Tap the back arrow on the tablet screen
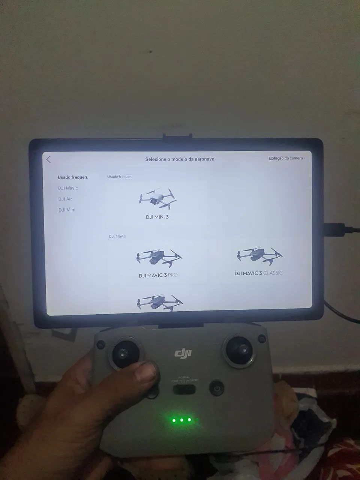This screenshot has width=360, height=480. tap(49, 159)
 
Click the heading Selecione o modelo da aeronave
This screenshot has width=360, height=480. tap(180, 159)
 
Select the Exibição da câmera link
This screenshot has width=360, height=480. tap(286, 158)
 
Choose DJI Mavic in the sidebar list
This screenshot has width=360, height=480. tap(68, 188)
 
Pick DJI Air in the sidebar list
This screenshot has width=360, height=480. tap(65, 199)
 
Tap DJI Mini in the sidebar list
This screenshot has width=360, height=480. tap(67, 210)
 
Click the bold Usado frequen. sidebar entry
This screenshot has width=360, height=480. tap(73, 177)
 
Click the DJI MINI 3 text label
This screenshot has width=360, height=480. tap(157, 217)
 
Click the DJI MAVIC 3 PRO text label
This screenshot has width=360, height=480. tap(158, 275)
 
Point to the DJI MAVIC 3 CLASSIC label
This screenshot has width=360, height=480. tap(258, 273)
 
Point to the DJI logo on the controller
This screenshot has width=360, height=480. tap(183, 353)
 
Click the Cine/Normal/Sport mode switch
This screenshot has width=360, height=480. tap(184, 389)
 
